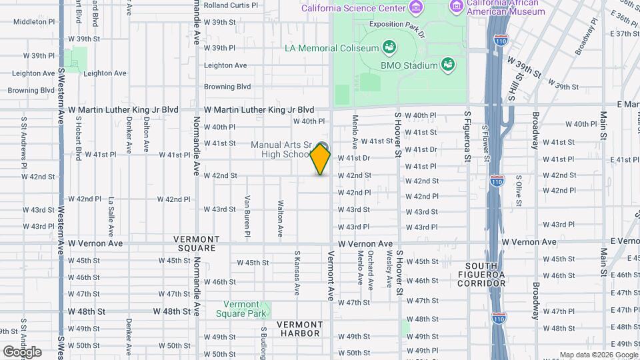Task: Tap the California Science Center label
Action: tap(353, 9)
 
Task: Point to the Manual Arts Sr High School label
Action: tap(281, 149)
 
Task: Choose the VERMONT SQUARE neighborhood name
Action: tap(197, 243)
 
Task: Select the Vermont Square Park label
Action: tap(245, 309)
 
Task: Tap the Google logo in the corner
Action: tap(21, 351)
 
